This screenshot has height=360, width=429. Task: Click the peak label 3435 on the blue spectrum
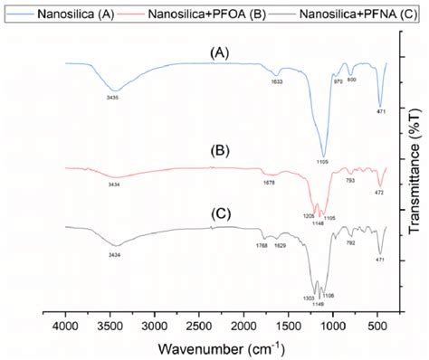click(113, 98)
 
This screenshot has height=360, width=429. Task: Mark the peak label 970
click(338, 82)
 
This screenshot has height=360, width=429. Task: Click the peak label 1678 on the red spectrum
click(269, 184)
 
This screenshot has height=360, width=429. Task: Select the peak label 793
click(349, 181)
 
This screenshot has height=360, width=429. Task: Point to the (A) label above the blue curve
click(218, 54)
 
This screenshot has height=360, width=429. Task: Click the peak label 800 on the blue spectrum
click(352, 81)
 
